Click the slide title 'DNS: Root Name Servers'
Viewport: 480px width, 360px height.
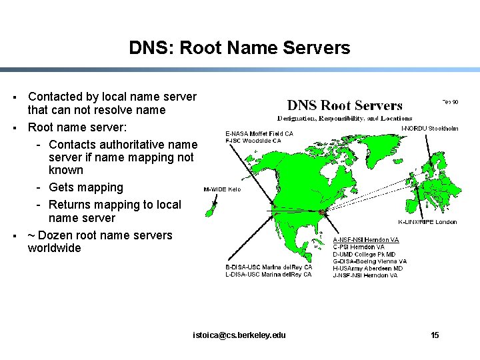click(239, 48)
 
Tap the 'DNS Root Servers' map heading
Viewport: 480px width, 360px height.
click(345, 105)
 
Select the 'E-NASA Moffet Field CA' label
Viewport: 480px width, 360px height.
click(259, 133)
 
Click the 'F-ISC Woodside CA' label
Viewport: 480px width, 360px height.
click(253, 141)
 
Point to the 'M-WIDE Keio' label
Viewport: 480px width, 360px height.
click(222, 189)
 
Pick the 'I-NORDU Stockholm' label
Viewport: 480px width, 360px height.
click(430, 128)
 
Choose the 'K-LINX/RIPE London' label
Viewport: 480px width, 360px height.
click(427, 222)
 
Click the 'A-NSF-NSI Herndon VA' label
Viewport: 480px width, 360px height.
click(366, 240)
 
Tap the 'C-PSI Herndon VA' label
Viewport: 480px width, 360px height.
click(359, 247)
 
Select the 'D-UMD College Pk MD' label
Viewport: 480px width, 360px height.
click(364, 255)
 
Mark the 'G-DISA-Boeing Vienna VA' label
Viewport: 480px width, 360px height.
click(369, 262)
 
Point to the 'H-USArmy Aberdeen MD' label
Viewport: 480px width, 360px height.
click(367, 269)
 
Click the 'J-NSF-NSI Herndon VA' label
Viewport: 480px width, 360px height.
click(365, 275)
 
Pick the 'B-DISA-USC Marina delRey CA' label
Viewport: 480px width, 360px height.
click(268, 267)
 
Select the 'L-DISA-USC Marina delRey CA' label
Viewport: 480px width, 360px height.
click(268, 275)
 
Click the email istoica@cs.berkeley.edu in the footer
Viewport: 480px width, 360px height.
click(239, 335)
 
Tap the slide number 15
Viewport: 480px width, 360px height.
click(435, 335)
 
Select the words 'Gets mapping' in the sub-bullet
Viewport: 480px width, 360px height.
click(86, 187)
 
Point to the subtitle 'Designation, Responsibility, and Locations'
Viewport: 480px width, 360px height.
click(345, 118)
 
